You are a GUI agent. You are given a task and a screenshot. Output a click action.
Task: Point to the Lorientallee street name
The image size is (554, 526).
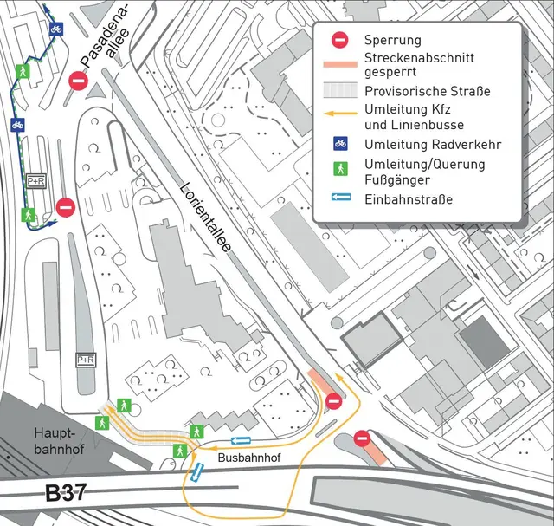pyautogui.click(x=207, y=217)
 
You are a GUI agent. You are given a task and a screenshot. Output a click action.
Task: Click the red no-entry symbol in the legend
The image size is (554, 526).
pyautogui.click(x=341, y=40)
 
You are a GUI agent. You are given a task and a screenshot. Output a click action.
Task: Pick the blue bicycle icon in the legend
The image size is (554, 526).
pyautogui.click(x=341, y=143)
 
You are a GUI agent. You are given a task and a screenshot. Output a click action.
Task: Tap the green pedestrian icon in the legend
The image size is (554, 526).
pyautogui.click(x=341, y=165)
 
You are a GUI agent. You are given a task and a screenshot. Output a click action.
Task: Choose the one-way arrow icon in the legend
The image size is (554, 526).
pyautogui.click(x=341, y=198)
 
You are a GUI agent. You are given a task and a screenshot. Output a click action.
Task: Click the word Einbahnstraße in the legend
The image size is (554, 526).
pyautogui.click(x=409, y=199)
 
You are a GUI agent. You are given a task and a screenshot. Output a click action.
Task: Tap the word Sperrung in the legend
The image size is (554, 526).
pyautogui.click(x=393, y=40)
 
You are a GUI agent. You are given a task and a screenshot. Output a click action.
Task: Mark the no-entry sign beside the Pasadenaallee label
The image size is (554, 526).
pyautogui.click(x=79, y=82)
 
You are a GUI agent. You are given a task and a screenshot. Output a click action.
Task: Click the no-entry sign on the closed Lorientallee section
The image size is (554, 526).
pyautogui.click(x=333, y=400)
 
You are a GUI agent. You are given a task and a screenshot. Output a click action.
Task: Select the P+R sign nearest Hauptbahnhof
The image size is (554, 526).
pyautogui.click(x=85, y=359)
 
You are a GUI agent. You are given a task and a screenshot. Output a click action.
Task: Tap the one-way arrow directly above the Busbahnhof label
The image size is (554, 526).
pyautogui.click(x=242, y=440)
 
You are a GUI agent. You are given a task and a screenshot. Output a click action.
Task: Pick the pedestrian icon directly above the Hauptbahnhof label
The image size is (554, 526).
pyautogui.click(x=102, y=422)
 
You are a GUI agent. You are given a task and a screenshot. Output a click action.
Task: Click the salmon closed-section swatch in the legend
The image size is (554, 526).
pyautogui.click(x=341, y=64)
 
